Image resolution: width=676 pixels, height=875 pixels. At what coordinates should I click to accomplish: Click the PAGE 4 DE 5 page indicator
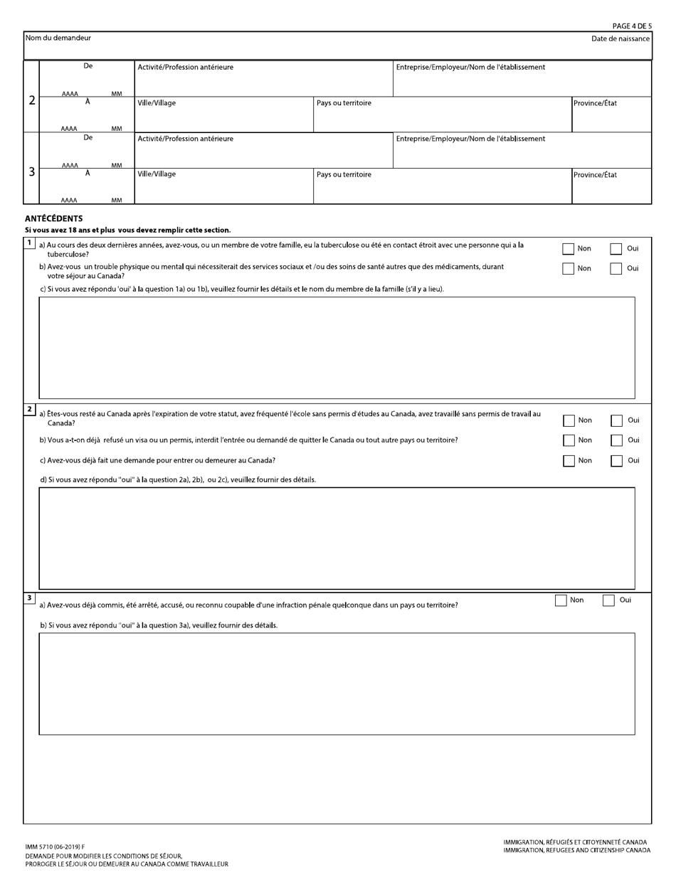pos(631,26)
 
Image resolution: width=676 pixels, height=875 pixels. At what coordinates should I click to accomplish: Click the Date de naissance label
pos(620,38)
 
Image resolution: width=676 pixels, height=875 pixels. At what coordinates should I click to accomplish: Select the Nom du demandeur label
pos(58,38)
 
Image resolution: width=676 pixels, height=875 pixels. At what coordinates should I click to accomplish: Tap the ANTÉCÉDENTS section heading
pos(54,219)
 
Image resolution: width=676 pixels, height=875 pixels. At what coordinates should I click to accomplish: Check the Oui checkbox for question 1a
pos(616,249)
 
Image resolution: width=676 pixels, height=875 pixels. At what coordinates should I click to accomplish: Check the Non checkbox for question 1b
pos(568,269)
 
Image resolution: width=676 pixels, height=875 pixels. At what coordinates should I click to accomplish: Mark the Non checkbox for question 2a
pos(569,420)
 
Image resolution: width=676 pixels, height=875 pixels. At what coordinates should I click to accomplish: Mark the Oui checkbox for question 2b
pos(616,440)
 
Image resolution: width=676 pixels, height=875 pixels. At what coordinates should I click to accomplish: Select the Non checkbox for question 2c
pos(569,461)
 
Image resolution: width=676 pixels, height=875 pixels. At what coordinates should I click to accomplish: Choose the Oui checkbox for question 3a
pos(608,600)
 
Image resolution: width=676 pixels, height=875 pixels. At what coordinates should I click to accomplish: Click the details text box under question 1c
pos(337,347)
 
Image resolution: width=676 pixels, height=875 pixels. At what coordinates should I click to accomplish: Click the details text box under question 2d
pos(337,538)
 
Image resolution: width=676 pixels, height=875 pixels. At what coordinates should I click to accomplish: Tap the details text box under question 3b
pos(337,683)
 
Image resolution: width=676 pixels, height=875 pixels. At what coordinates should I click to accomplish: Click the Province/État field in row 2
pos(611,117)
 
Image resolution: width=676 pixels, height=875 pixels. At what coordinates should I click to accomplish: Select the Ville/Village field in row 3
pos(223,189)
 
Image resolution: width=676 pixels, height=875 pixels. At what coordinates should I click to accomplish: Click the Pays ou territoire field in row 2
pos(442,117)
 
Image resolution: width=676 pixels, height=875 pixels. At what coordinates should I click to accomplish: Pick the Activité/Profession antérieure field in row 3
pos(263,153)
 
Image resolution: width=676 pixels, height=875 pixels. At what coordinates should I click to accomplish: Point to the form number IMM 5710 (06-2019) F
pos(55,847)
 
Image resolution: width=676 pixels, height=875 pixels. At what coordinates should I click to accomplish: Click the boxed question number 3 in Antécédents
pos(29,598)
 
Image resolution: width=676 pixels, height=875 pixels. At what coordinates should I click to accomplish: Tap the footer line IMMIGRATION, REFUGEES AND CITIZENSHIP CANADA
pos(576,850)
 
